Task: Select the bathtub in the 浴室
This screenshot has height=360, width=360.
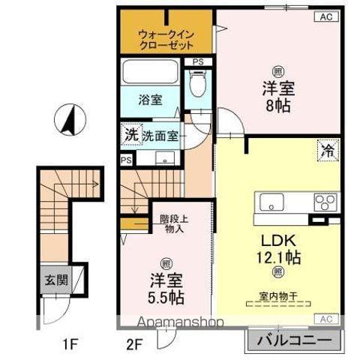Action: tap(150, 74)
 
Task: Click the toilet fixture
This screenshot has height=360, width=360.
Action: tap(199, 84)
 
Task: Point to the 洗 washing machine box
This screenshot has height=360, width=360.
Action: tap(131, 136)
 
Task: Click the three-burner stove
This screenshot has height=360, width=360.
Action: tap(325, 202)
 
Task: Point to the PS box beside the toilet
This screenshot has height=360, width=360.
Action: tap(198, 61)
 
